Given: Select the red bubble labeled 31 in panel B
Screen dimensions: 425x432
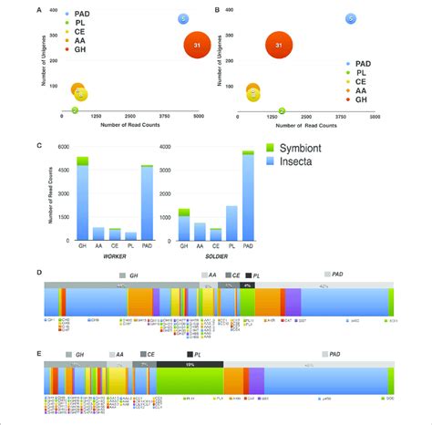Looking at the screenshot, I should point(280,45).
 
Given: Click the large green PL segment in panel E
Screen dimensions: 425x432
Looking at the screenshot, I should point(189,378).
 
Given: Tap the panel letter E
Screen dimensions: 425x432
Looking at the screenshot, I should point(36,347).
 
